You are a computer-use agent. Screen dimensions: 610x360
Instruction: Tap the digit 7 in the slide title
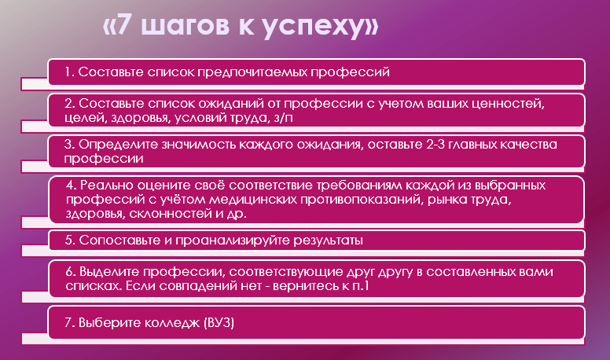(x=123, y=24)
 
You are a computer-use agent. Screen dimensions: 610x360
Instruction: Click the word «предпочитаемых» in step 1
(x=252, y=72)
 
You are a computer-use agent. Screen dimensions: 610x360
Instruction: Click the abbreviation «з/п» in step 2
(x=283, y=118)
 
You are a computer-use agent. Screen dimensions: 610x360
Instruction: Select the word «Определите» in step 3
(x=118, y=145)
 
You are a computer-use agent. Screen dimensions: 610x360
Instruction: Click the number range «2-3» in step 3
(x=435, y=144)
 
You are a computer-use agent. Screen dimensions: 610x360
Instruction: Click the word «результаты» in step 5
(x=329, y=241)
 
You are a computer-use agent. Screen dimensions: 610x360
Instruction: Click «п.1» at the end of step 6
(x=360, y=286)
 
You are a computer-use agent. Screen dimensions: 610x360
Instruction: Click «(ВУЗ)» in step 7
(x=219, y=323)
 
